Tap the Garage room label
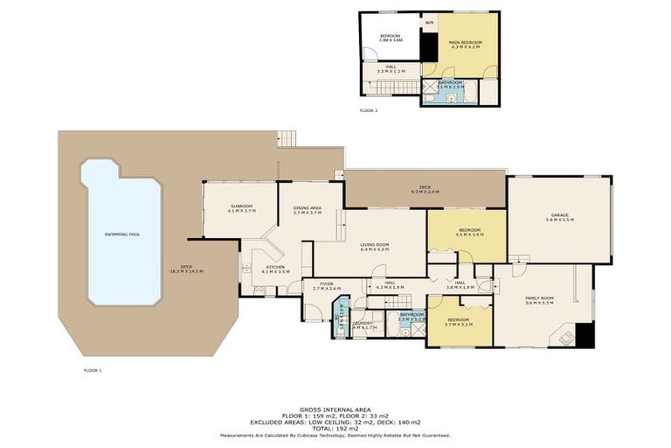coord(559,219)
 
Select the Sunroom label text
coord(240,208)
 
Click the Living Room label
coord(374,248)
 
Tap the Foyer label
coord(326,285)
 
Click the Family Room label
coord(539,301)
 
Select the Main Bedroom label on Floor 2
coord(466,44)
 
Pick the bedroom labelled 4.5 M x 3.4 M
coord(469,233)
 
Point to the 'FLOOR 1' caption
coord(93,370)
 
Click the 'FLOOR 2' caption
coord(369,111)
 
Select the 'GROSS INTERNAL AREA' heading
coord(335,408)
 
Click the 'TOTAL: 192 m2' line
coord(335,428)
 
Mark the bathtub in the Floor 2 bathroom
coord(471,91)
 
